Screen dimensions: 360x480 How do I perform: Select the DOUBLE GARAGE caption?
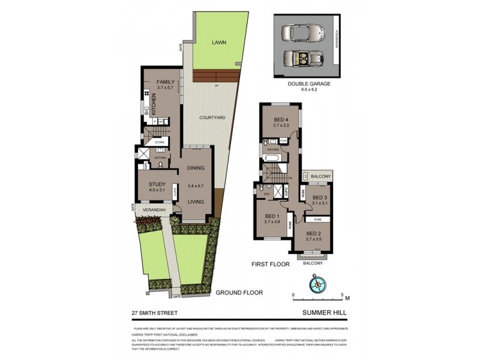[308, 84]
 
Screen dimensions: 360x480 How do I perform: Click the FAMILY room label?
[165, 82]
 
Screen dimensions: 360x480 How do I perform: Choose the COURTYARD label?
[212, 118]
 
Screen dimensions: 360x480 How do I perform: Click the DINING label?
[196, 168]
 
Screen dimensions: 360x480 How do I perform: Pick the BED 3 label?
[321, 197]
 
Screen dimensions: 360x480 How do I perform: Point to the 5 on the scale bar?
[341, 295]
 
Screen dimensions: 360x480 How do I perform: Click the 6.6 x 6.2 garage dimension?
[308, 91]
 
